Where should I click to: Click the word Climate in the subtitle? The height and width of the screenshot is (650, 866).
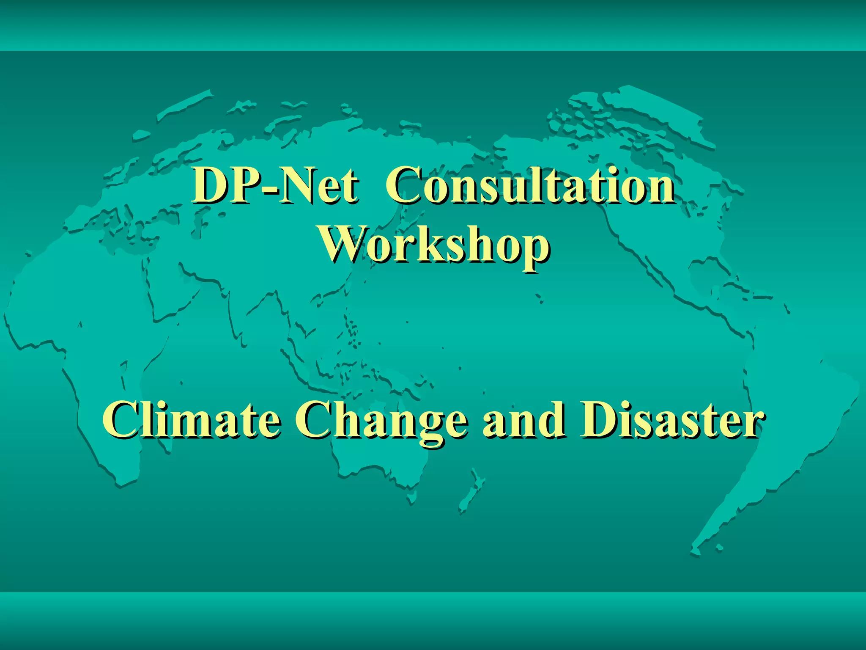191,420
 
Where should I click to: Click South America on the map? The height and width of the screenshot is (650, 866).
782,423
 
